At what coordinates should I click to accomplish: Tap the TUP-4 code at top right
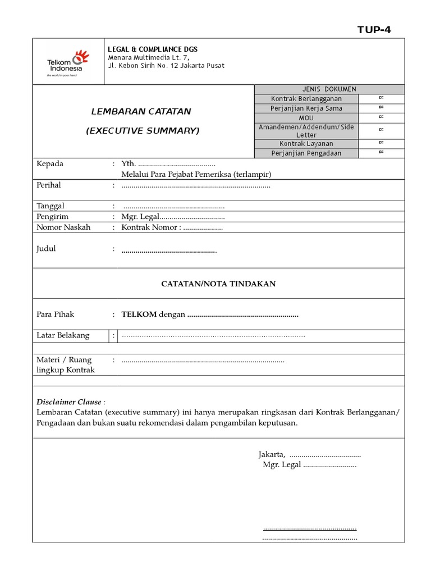[374, 30]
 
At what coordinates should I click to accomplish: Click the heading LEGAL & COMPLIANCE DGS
[152, 49]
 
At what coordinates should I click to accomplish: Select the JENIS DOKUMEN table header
[329, 89]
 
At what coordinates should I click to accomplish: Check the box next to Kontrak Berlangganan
[381, 98]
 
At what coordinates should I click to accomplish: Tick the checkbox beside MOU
[381, 117]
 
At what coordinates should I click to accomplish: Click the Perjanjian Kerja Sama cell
[306, 108]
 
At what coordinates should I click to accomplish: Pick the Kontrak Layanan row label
[306, 144]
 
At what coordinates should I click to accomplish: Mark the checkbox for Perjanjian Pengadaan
[381, 153]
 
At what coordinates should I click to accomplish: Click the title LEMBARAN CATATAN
[141, 111]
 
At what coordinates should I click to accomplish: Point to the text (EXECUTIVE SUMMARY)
[143, 131]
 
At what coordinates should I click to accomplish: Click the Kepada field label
[50, 164]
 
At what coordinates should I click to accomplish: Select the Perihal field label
[49, 185]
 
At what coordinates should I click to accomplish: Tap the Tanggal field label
[51, 206]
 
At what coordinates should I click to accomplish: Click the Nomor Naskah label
[63, 227]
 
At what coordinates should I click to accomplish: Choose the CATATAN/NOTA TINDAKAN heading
[218, 284]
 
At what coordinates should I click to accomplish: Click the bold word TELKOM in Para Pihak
[139, 314]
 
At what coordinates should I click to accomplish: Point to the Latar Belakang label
[63, 335]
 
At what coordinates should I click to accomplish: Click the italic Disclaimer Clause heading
[70, 402]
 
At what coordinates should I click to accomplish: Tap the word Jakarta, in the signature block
[272, 455]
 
